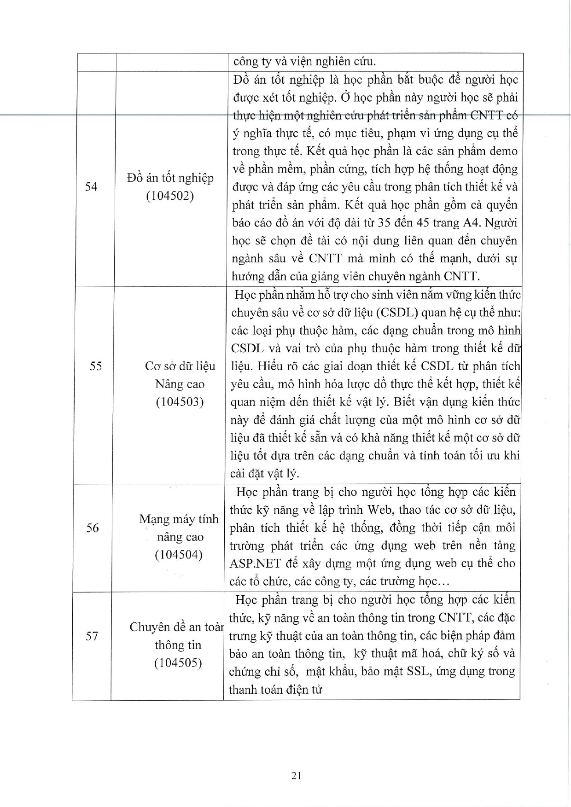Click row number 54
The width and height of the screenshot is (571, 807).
click(92, 186)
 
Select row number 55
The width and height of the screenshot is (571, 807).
click(95, 366)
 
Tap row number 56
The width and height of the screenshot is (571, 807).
click(93, 528)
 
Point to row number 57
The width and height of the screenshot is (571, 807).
click(92, 636)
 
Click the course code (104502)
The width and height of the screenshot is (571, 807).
click(170, 196)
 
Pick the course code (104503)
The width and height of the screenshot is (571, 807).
click(180, 402)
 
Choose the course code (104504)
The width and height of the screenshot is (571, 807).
click(179, 555)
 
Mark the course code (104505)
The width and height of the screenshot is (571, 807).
click(178, 662)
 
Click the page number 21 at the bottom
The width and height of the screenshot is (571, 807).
click(297, 775)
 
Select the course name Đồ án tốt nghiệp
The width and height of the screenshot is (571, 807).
click(170, 178)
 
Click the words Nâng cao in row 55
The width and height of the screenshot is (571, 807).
click(180, 384)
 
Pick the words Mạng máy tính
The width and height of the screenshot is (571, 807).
click(179, 519)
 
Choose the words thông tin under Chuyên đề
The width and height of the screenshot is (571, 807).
click(178, 645)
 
